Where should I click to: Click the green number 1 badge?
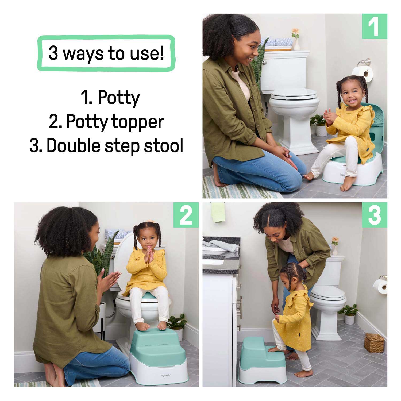coord(375,26)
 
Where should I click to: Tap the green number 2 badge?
coord(186,215)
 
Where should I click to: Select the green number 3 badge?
coord(375,215)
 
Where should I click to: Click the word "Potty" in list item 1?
coord(119,98)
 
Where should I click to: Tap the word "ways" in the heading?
coord(84,53)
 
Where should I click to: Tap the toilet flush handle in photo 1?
coord(264,63)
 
